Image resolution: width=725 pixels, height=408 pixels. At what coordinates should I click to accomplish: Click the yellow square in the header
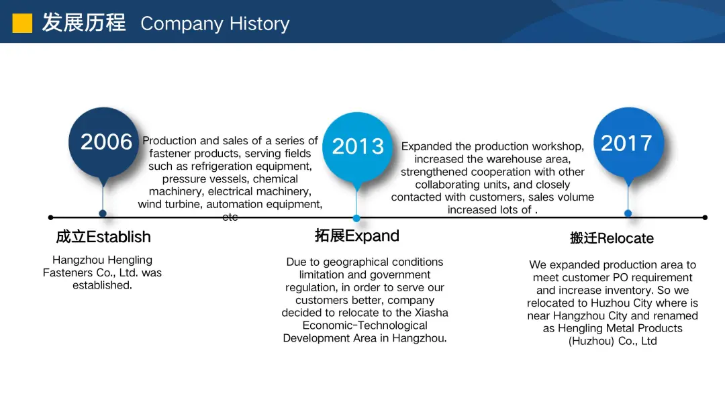[22, 23]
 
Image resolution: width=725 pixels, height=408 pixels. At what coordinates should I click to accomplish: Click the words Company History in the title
[215, 24]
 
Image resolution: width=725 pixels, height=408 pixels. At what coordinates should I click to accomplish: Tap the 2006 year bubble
[103, 142]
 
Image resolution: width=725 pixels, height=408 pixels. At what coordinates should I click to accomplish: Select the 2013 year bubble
[357, 146]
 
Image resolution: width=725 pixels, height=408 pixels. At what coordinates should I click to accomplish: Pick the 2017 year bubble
[628, 142]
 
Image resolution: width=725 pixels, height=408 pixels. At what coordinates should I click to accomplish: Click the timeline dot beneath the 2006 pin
[103, 213]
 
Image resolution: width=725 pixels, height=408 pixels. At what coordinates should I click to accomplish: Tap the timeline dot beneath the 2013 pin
[356, 218]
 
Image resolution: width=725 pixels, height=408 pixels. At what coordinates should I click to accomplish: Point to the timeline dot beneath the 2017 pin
[628, 213]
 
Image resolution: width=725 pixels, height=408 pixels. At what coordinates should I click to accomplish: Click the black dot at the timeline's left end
[51, 217]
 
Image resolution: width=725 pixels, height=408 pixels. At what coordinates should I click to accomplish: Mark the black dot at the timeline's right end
[705, 217]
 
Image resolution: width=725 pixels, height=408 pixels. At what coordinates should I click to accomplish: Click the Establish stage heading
[103, 237]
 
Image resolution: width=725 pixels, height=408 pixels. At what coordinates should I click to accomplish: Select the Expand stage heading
[357, 236]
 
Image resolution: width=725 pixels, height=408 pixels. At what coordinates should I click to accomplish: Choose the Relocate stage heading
[612, 238]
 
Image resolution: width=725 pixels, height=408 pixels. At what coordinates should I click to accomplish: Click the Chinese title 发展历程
[84, 23]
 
